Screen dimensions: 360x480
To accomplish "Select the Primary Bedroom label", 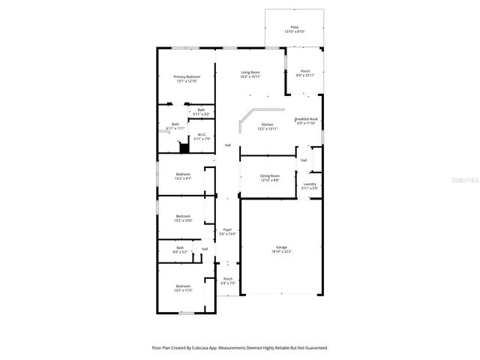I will [x=187, y=79].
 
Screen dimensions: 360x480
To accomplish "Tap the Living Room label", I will [x=250, y=73].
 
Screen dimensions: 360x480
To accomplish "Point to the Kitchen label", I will [x=267, y=127].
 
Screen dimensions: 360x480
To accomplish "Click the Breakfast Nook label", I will [x=307, y=121].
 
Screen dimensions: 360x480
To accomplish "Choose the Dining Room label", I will [x=269, y=178].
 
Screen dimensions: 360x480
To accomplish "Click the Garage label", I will [x=281, y=249].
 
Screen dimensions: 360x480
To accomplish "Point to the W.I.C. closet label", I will [x=202, y=136].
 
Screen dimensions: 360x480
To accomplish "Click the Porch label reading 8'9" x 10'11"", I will [x=305, y=73].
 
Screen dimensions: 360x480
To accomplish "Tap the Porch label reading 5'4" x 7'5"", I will [x=228, y=282].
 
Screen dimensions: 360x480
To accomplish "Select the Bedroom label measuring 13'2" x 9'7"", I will [x=183, y=176].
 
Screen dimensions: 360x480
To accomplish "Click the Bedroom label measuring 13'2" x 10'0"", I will [x=183, y=218].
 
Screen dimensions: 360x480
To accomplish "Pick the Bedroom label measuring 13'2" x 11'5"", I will [x=183, y=288].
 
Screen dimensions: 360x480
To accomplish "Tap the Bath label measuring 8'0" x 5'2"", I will [x=180, y=250].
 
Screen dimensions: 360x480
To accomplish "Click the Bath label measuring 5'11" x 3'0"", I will [x=201, y=112].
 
